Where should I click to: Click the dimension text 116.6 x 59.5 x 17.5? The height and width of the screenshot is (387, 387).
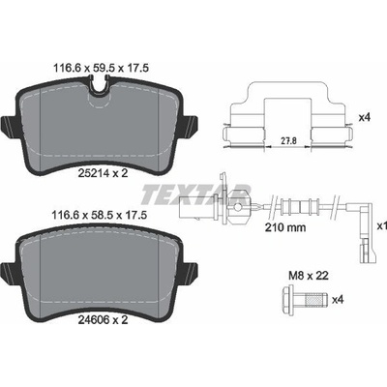coord(100,68)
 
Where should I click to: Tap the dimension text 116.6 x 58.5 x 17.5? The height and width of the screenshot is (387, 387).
coord(100,215)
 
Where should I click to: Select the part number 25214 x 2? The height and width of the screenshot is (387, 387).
coord(104,173)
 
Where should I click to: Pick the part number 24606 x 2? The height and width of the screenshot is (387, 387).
coord(104,320)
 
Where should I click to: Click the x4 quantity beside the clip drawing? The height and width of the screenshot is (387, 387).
coord(365,118)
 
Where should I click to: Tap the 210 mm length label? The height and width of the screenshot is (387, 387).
coord(285,227)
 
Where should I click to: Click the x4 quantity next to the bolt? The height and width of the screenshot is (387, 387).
coord(338,300)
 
